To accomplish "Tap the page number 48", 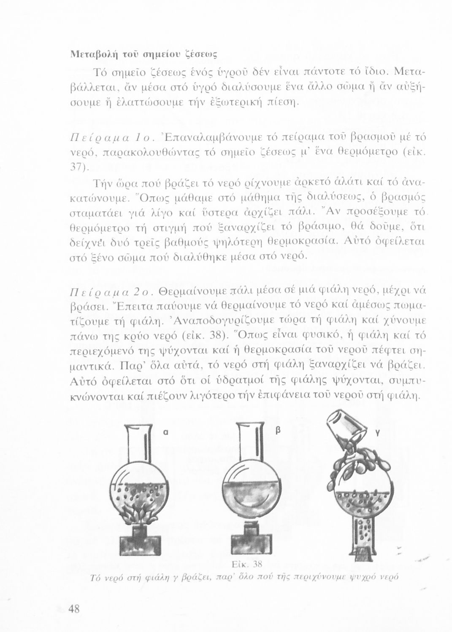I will point(74,608).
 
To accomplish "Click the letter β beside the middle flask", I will point(278,431).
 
